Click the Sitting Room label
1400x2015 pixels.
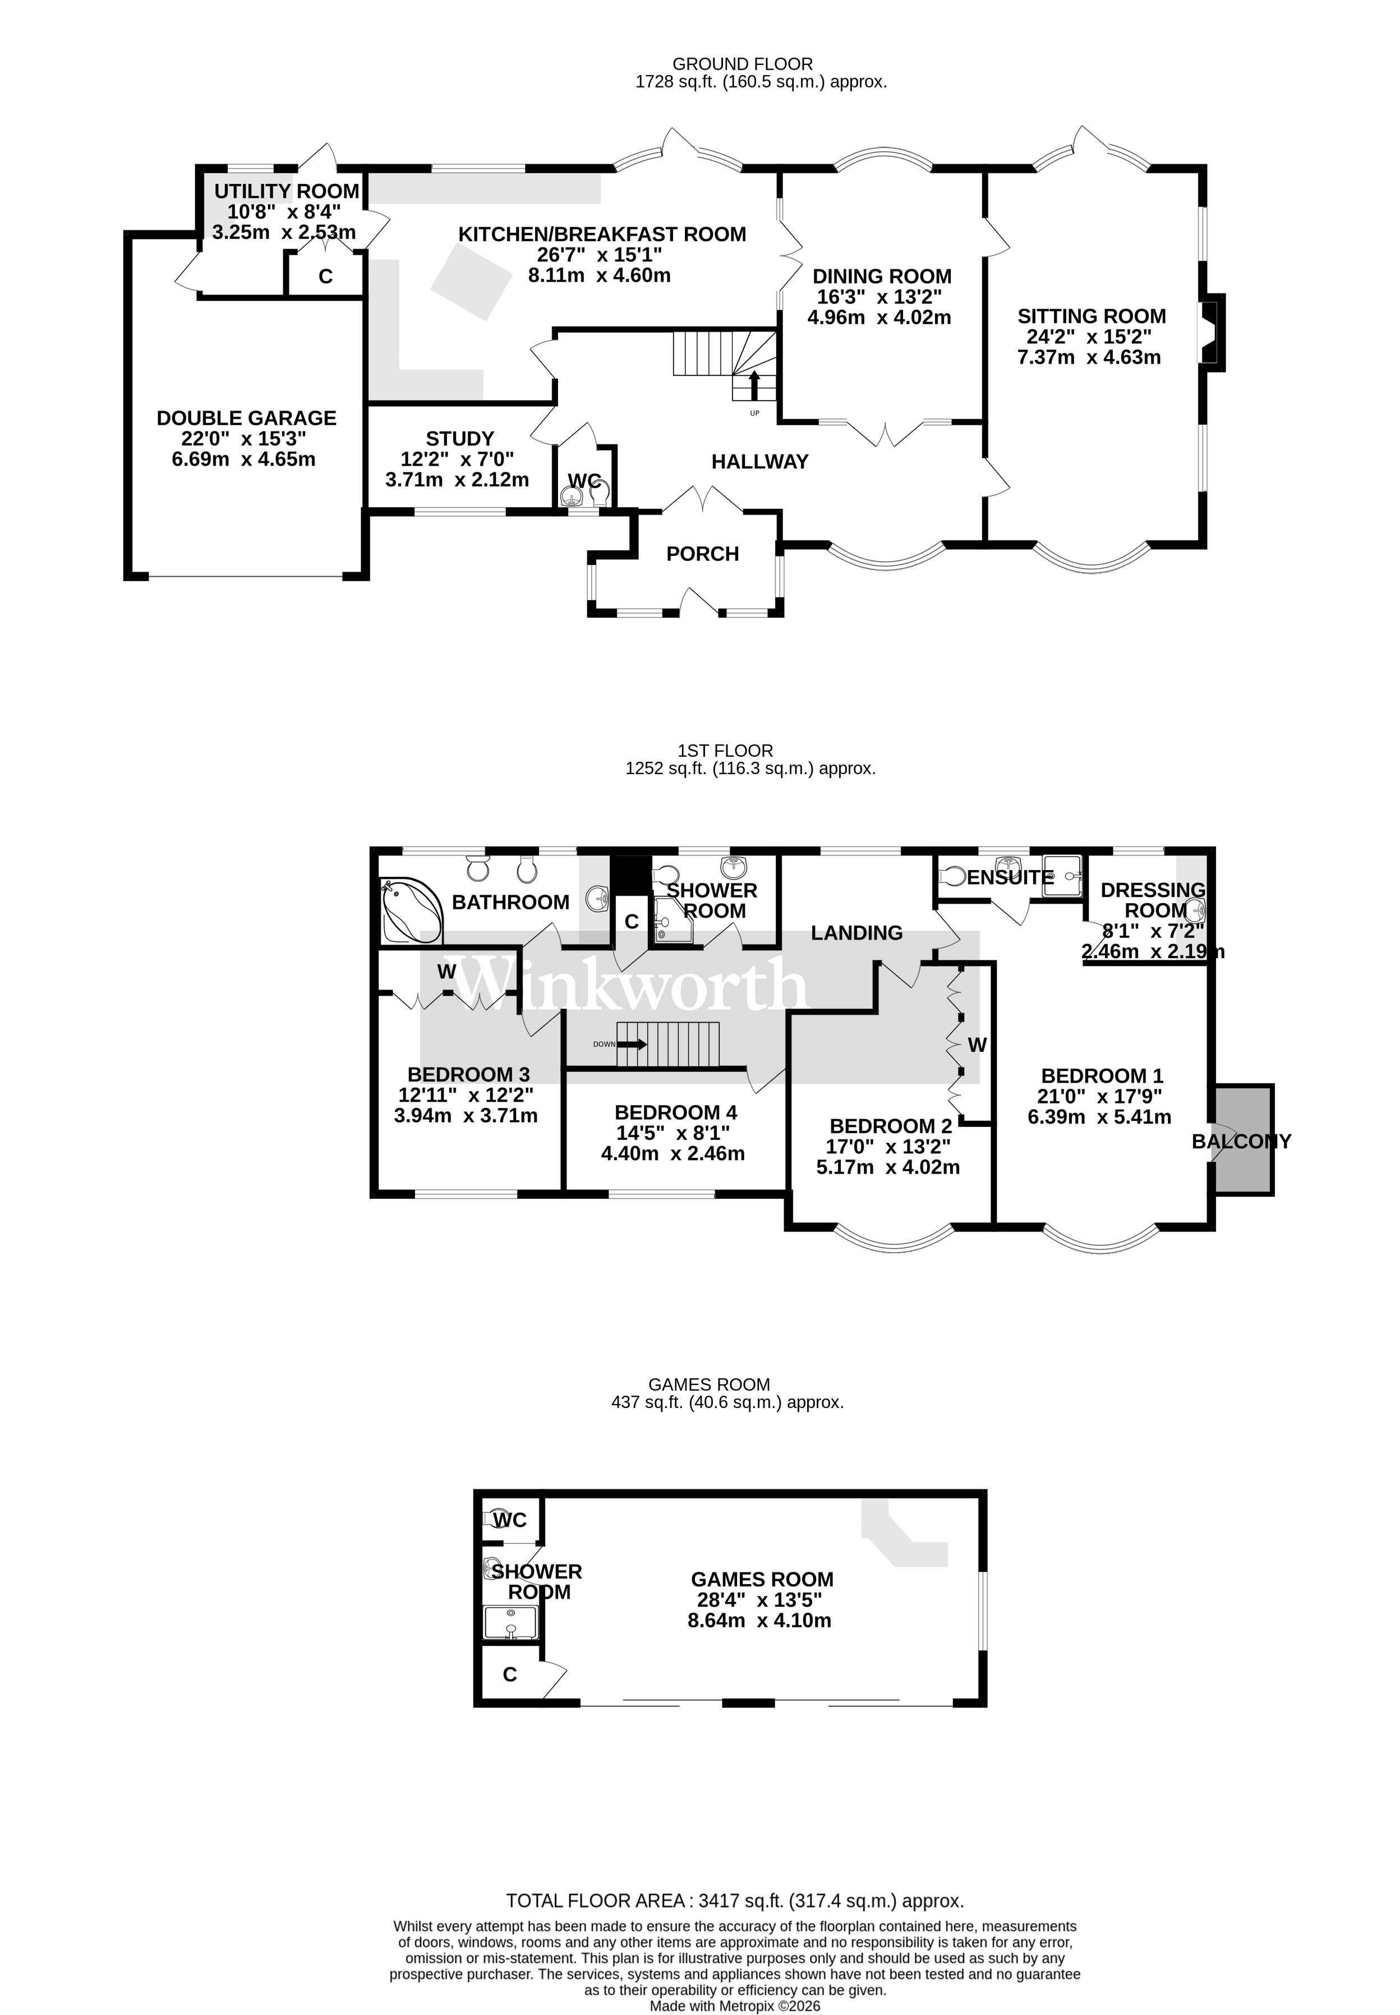[x=1092, y=316]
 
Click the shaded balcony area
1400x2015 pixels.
[x=1244, y=1139]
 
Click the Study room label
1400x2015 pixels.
[x=459, y=438]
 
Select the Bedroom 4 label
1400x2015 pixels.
[x=675, y=1112]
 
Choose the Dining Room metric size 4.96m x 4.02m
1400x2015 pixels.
[x=879, y=318]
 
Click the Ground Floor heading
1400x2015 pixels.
[x=742, y=64]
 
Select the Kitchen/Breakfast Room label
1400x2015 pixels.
[x=602, y=234]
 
